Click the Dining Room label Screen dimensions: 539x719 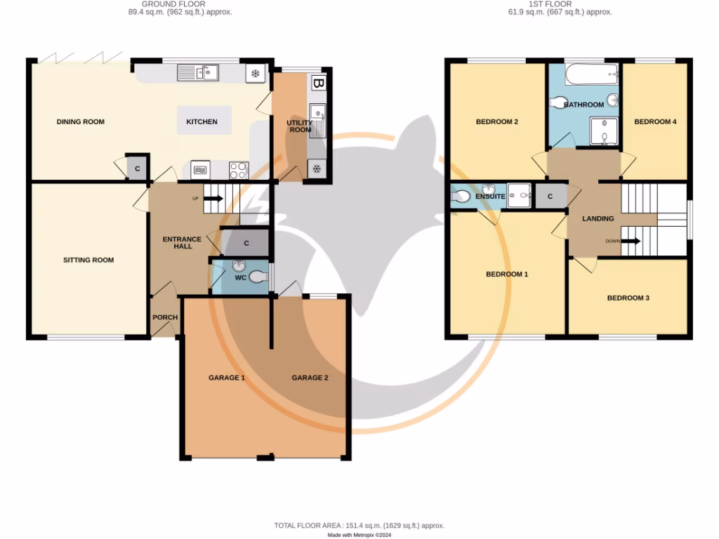tap(80, 121)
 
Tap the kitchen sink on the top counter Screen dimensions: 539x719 tap(198, 72)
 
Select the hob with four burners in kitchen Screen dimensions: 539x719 tap(238, 169)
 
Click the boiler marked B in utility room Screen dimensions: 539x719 tap(319, 83)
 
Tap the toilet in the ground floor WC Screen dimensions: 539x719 tap(258, 277)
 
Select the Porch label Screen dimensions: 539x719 tap(165, 317)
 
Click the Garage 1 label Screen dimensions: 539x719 tap(226, 378)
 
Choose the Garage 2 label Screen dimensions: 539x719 tap(310, 378)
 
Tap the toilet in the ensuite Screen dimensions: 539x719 tap(461, 197)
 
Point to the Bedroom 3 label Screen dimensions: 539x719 tap(628, 298)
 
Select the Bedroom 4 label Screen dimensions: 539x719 tap(655, 121)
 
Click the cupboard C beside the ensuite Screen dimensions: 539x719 tap(550, 197)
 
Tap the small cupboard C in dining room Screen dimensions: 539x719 tap(137, 168)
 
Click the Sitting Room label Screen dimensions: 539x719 tap(88, 260)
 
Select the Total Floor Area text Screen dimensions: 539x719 tap(359, 525)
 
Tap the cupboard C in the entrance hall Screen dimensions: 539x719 tap(246, 243)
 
